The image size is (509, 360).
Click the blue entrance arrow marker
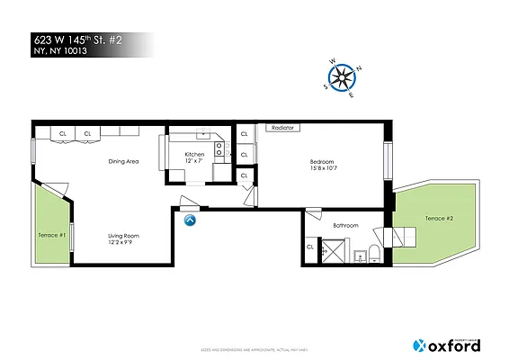190,219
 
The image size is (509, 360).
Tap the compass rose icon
342,79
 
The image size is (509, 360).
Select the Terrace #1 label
51,235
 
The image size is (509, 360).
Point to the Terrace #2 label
439,219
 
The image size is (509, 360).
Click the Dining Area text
123,161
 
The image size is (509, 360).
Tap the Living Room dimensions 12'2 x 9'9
124,242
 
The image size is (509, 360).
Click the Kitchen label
195,154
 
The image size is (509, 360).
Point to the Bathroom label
345,225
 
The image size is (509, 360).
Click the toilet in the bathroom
375,253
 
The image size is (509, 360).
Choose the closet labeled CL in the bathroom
310,247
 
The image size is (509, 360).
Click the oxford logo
446,345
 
